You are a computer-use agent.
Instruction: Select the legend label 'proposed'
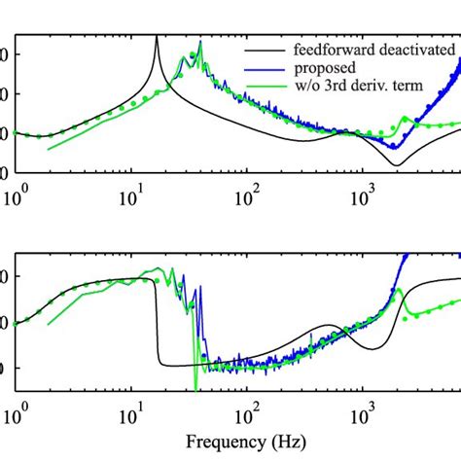tap(322, 69)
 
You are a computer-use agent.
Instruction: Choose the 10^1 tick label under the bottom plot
tap(129, 413)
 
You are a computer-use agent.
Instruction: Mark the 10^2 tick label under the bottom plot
tap(246, 413)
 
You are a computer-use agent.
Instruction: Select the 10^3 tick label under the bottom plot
tap(363, 413)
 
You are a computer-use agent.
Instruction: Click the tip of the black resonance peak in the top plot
tap(157, 37)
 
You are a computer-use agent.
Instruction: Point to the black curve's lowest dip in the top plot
tap(394, 164)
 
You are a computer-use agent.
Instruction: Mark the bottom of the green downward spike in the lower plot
tap(196, 388)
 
